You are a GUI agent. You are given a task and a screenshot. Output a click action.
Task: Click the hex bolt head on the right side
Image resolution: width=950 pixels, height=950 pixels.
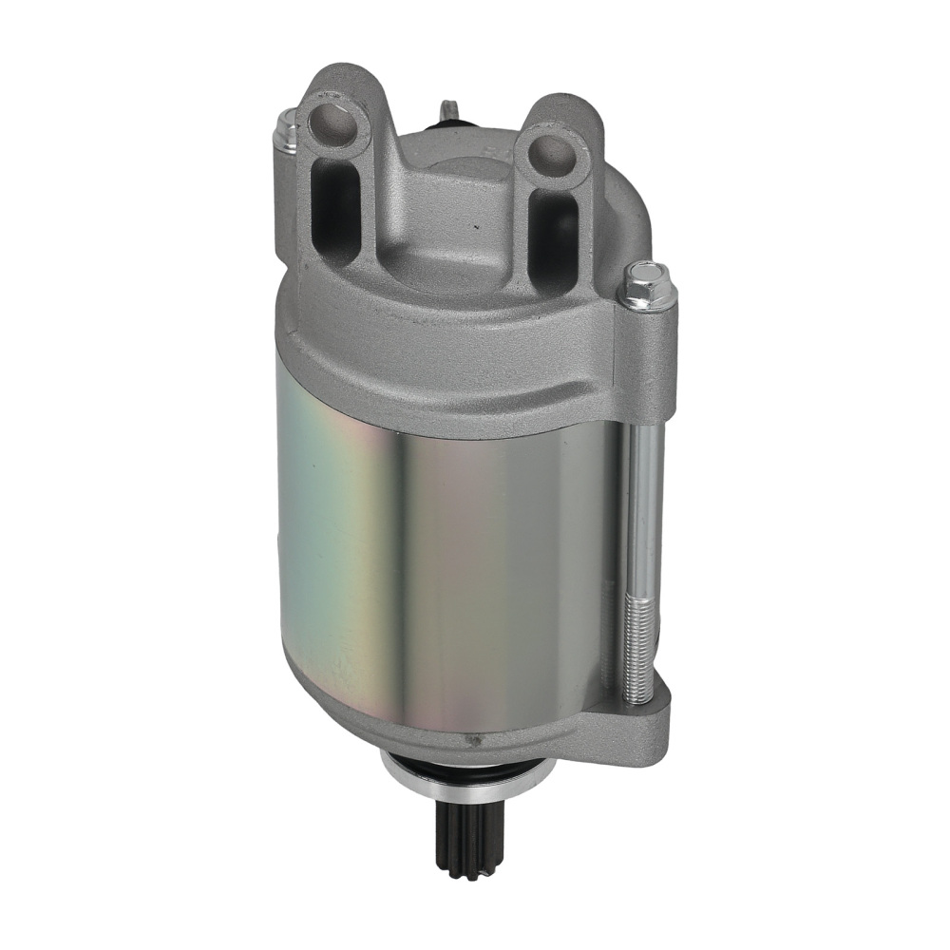(649, 286)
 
